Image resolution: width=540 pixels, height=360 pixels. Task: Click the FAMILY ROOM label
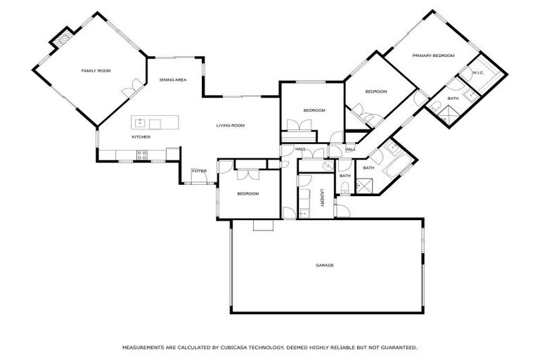(96, 71)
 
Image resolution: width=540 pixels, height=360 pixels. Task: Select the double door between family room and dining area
(129, 90)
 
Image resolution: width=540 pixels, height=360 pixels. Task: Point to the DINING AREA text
(172, 80)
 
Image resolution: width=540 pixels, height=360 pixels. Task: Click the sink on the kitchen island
(140, 124)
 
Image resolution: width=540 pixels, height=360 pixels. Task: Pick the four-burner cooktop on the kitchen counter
(141, 155)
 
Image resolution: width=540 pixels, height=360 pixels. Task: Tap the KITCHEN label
(141, 136)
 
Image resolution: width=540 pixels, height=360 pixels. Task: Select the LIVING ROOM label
(230, 125)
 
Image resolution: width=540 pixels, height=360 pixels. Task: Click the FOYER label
(200, 171)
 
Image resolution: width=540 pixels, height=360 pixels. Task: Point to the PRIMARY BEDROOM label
(433, 56)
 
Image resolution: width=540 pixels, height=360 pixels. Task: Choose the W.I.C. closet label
(478, 72)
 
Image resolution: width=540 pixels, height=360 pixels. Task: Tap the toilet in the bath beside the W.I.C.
(435, 107)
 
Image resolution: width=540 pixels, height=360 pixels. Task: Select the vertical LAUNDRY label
(322, 199)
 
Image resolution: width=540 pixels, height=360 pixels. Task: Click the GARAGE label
(324, 265)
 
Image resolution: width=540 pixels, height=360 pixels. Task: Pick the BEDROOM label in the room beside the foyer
(247, 193)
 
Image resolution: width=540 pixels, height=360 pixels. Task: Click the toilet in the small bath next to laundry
(345, 187)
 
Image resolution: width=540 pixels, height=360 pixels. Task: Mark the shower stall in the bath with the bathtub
(366, 186)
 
